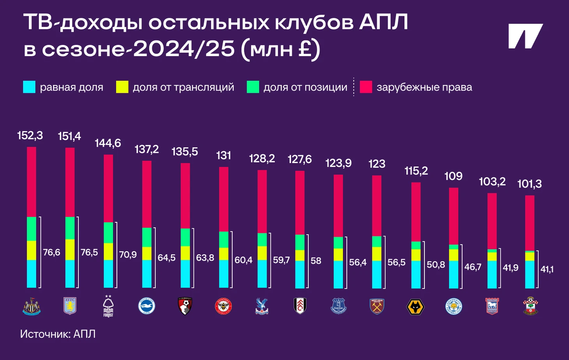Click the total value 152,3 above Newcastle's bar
[x=30, y=136]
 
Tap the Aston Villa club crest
[x=70, y=306]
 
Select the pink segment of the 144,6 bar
[x=108, y=188]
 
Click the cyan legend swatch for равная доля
[x=29, y=87]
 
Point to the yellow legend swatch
[x=122, y=87]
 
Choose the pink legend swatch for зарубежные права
[x=366, y=87]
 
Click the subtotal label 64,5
[x=166, y=258]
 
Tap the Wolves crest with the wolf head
[x=415, y=307]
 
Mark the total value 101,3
[x=529, y=184]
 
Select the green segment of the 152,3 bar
[x=32, y=229]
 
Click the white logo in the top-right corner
[x=525, y=36]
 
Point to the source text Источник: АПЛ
[x=58, y=334]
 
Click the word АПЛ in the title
[x=383, y=22]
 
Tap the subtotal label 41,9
[x=511, y=268]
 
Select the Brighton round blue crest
[x=147, y=306]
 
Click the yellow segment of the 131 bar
[x=224, y=254]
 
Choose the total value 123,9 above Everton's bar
[x=338, y=163]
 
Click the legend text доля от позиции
[x=305, y=87]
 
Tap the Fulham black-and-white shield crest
[x=300, y=306]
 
